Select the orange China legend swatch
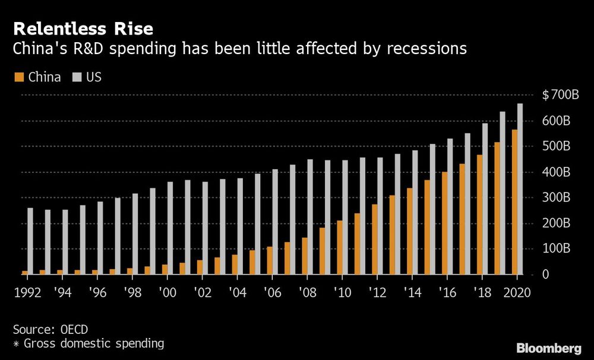click(x=18, y=77)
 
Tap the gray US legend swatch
click(x=77, y=77)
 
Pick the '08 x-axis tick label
click(x=308, y=292)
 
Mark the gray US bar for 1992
click(x=30, y=241)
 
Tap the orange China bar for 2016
click(x=444, y=223)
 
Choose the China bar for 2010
click(x=340, y=248)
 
